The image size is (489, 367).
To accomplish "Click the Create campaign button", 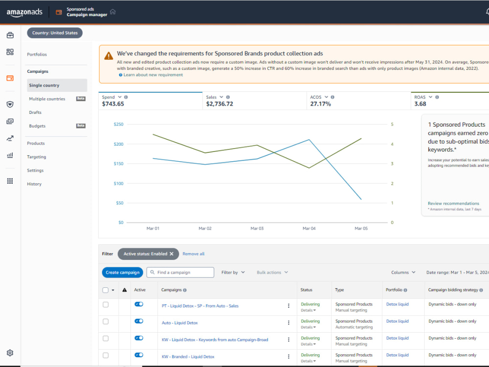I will click(122, 272).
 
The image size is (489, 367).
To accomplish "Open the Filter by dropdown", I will click(233, 272).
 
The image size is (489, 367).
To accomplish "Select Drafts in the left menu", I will click(35, 112).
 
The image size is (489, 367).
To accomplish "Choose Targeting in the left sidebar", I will click(37, 157).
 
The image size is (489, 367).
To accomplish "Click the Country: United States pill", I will click(55, 33).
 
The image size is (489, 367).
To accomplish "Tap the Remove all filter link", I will click(194, 254).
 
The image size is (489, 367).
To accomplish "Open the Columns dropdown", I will click(403, 272).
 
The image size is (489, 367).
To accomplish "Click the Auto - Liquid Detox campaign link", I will click(180, 323).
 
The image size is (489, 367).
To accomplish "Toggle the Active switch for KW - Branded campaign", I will click(139, 355).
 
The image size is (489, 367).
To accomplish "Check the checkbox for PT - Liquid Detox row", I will click(106, 304).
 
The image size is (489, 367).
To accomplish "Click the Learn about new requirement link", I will click(153, 75).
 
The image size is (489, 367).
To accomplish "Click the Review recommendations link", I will click(453, 203).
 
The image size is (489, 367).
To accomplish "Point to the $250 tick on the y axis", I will click(118, 124).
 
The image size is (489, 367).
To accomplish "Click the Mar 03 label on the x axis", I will click(257, 228).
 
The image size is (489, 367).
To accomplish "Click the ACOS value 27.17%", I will click(320, 104).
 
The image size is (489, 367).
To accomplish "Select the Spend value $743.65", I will click(113, 104).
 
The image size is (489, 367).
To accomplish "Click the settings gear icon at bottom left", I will click(10, 353).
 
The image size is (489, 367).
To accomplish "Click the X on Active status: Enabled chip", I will click(172, 254).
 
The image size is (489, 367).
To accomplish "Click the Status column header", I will click(306, 290).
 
